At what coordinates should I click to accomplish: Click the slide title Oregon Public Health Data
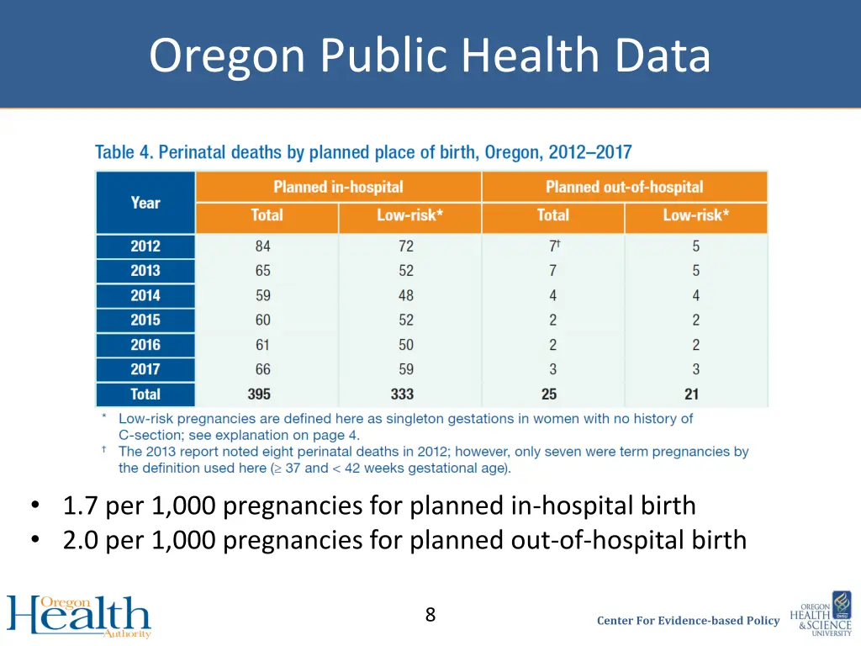(430, 56)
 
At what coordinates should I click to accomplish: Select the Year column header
(145, 203)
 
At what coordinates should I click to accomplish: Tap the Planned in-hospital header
(338, 187)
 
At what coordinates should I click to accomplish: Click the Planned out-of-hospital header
(624, 187)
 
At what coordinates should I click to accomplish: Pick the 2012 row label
(145, 246)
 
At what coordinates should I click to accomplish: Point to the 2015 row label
(145, 320)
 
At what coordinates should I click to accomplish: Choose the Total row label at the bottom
(145, 394)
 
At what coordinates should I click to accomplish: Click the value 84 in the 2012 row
(263, 246)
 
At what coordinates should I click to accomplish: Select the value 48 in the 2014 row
(406, 295)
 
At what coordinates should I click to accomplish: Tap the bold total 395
(259, 394)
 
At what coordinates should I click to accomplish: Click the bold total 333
(403, 394)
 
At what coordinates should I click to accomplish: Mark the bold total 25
(549, 394)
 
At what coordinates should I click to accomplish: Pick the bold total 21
(692, 394)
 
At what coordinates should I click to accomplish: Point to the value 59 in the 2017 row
(406, 369)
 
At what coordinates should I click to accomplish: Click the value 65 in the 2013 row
(263, 271)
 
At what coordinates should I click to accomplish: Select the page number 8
(430, 615)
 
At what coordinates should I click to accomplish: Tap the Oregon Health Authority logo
(79, 617)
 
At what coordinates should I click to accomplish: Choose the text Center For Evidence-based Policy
(688, 621)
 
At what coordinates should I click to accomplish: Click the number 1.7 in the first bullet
(81, 506)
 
